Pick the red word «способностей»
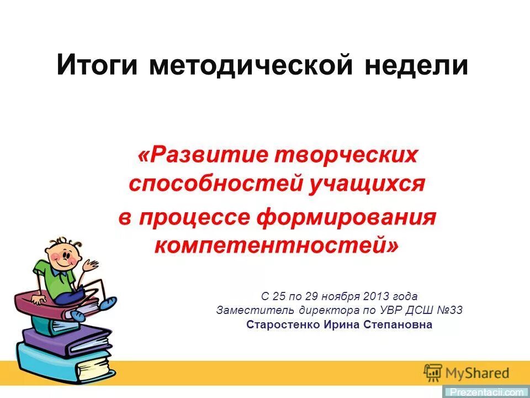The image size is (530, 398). click(215, 183)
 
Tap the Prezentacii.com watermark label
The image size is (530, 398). click(486, 392)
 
